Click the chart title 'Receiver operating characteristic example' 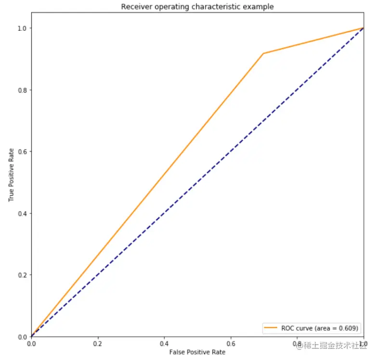tap(197, 7)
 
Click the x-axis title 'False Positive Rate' tap(197, 352)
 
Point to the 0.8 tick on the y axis tap(23, 90)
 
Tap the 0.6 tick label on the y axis tap(23, 151)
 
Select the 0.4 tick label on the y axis tap(23, 213)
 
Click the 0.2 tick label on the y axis tap(23, 275)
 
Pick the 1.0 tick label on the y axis tap(23, 28)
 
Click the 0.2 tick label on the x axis tap(98, 344)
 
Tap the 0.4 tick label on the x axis tap(164, 344)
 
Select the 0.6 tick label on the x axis tap(231, 344)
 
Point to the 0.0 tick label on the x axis tap(31, 344)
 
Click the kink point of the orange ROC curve tap(263, 53)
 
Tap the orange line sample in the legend tap(271, 328)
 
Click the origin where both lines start tap(31, 336)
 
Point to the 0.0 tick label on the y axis tap(23, 336)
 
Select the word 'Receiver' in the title tap(135, 7)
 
